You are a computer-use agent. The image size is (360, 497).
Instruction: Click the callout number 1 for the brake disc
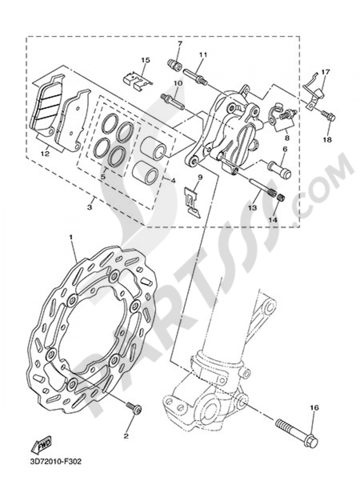click(x=71, y=238)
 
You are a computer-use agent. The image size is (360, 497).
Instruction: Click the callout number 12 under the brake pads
click(x=45, y=154)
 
